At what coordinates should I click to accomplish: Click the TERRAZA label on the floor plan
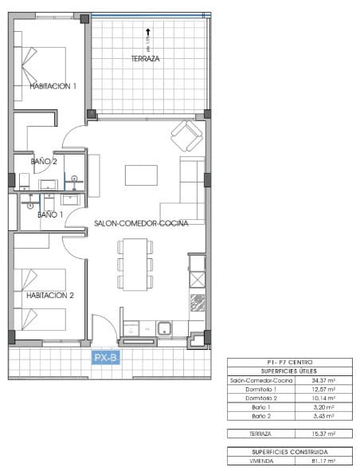point(147,59)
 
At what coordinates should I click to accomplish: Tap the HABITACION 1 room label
point(53,86)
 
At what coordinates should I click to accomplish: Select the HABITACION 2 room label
point(49,295)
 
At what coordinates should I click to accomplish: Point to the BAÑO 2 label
point(44,161)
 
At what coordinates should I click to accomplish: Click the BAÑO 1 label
point(49,214)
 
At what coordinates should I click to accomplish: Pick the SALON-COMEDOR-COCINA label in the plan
point(140,224)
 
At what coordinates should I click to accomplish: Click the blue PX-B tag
point(106,358)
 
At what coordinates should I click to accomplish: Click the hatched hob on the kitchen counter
point(196,303)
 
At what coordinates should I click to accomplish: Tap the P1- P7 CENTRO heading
point(290,363)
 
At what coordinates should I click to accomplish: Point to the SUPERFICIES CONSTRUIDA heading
point(290,451)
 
